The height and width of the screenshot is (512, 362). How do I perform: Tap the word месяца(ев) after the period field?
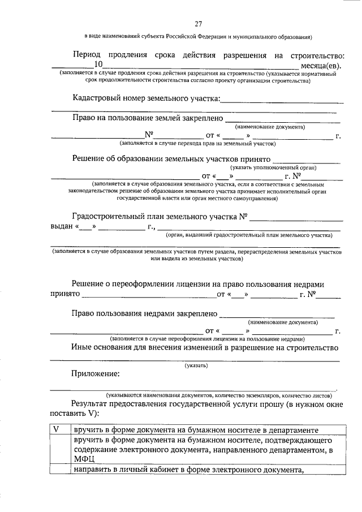click(324, 66)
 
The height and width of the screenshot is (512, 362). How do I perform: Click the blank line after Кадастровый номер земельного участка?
click(283, 100)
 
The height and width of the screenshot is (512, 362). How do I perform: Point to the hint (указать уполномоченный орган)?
click(273, 167)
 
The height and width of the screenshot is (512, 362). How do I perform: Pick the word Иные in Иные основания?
click(83, 347)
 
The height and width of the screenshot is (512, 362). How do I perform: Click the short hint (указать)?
click(196, 365)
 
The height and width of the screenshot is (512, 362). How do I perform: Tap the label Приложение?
click(96, 373)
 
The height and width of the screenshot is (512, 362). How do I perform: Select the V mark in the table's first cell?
click(56, 429)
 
